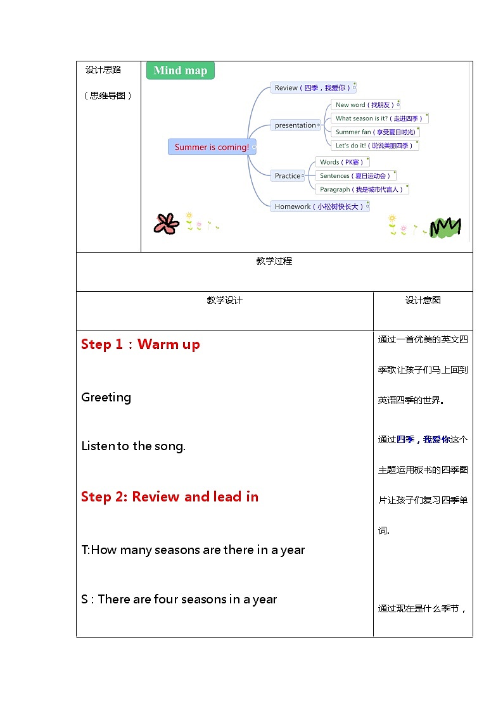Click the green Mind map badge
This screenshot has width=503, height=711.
coord(180,70)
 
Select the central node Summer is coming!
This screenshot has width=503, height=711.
coord(212,147)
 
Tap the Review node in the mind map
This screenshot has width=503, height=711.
coord(312,88)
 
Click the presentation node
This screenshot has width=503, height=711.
coord(295,125)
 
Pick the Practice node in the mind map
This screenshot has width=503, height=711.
coord(288,175)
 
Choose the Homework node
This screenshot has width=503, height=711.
coord(319,206)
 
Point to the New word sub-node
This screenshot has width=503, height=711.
coord(364,104)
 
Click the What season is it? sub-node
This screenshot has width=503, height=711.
coord(379,118)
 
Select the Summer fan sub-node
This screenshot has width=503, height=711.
coord(376,132)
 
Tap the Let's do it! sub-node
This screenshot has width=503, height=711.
coord(374,146)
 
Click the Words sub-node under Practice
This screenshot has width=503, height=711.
coord(341,162)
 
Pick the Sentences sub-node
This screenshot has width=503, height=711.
coord(355,175)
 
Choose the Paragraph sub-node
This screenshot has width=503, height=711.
coord(360,189)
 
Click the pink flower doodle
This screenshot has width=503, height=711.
coord(167,223)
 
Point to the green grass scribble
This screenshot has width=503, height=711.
coord(445,227)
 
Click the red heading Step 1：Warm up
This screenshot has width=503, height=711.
coord(141,344)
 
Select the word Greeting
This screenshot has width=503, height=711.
coord(106,398)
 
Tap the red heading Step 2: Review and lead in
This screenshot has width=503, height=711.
coord(170,497)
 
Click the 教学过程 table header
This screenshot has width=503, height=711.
coord(274,261)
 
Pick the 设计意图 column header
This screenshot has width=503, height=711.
coord(423,300)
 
